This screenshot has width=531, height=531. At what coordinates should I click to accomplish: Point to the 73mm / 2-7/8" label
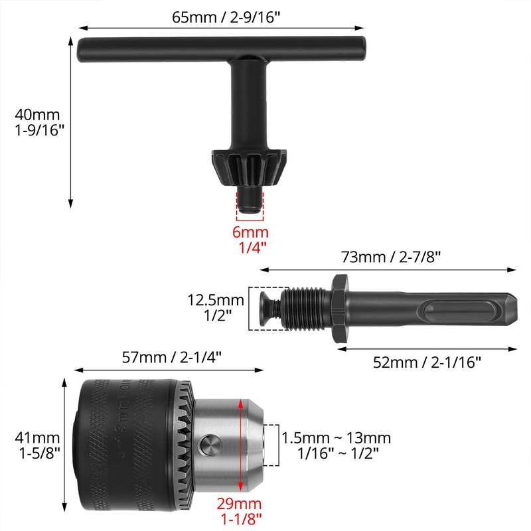pos(391,256)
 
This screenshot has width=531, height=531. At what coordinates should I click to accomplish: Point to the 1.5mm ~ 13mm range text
pos(336,438)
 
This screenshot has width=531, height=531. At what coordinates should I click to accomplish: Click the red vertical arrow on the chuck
pos(237,444)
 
